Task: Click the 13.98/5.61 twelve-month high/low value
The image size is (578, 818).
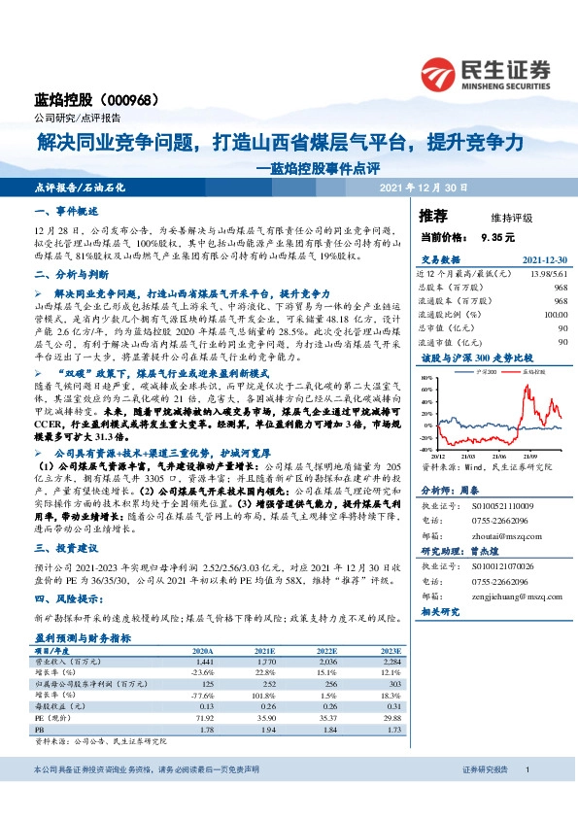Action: [548, 273]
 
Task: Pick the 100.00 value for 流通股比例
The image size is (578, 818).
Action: [555, 314]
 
